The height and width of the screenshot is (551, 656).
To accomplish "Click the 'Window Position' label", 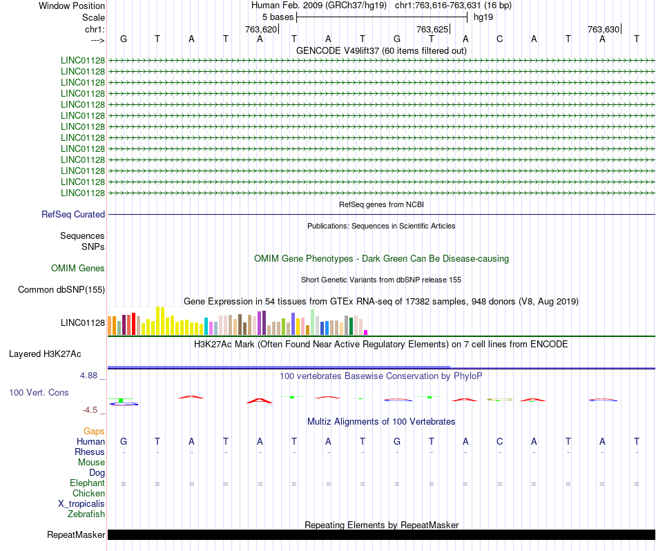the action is coord(72,6).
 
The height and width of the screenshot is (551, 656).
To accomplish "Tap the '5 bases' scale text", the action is coord(278,17).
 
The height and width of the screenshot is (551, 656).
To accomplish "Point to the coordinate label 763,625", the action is coord(432,29).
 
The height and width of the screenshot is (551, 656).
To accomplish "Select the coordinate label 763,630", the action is coord(604,29).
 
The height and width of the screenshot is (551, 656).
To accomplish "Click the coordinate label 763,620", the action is coord(261,29).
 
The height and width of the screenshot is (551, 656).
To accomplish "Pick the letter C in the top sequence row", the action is coord(499,39).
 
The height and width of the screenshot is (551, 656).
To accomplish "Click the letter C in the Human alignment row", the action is coord(499,441).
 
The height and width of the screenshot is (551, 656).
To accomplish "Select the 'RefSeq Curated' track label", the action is coord(73,214).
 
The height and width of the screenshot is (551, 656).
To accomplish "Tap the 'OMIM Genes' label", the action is coord(78,268).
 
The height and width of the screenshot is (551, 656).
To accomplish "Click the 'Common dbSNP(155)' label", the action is coord(61,289).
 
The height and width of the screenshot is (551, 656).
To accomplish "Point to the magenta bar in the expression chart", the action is coord(366,333).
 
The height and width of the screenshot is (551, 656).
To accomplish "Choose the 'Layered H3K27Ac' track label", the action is coord(45,354).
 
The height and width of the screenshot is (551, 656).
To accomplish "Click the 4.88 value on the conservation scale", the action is coord(88,376).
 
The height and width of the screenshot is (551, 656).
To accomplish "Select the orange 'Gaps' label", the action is coord(94,431).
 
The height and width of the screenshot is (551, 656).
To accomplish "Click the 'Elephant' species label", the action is coord(87,483).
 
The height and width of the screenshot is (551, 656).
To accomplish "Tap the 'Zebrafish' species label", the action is coord(86,514).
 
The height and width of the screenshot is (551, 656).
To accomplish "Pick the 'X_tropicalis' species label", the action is coord(81,504).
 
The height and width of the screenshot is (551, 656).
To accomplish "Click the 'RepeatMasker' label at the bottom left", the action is coord(76,534).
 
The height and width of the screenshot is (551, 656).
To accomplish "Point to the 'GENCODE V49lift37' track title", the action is coord(338,50).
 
